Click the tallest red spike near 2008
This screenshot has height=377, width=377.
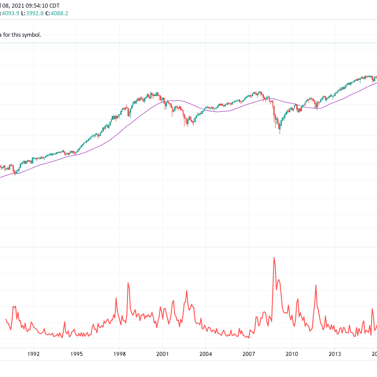(274, 258)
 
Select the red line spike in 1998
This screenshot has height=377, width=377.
(128, 283)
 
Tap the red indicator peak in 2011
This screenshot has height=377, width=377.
(316, 285)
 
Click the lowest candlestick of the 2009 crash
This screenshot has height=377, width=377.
(280, 132)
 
